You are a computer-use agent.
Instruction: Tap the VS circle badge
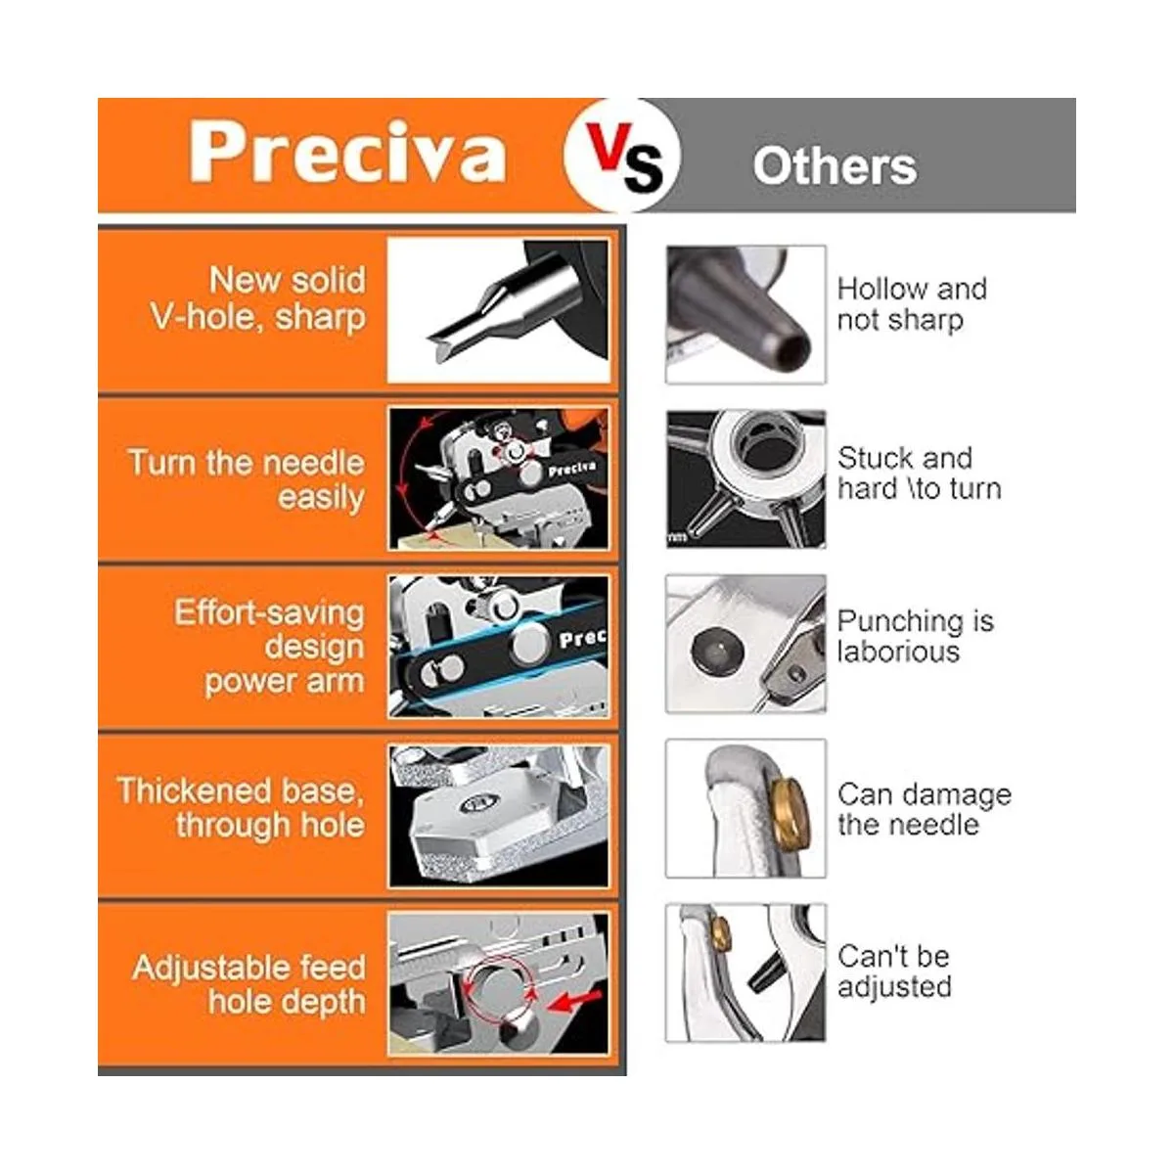point(622,156)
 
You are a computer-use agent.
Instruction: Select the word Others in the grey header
point(835,165)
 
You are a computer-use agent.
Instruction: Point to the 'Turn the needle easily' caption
point(247,480)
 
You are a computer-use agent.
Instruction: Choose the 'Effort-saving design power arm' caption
point(269,647)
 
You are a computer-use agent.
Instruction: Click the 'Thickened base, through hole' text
point(242,807)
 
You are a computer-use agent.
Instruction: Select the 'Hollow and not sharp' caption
point(912,304)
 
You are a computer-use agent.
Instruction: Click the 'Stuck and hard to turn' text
point(920,474)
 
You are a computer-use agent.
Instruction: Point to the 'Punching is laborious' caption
point(915,636)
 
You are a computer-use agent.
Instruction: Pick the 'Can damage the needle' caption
point(925,810)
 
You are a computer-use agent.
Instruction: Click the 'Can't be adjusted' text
point(894,971)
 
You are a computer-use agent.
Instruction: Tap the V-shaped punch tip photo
point(498,310)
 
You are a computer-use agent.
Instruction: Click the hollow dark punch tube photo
point(745,314)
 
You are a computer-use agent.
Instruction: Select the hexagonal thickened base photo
point(498,816)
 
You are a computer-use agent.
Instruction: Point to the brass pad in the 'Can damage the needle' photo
point(790,809)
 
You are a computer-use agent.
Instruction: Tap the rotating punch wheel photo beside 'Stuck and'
point(745,478)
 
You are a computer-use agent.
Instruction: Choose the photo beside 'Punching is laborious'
point(745,644)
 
